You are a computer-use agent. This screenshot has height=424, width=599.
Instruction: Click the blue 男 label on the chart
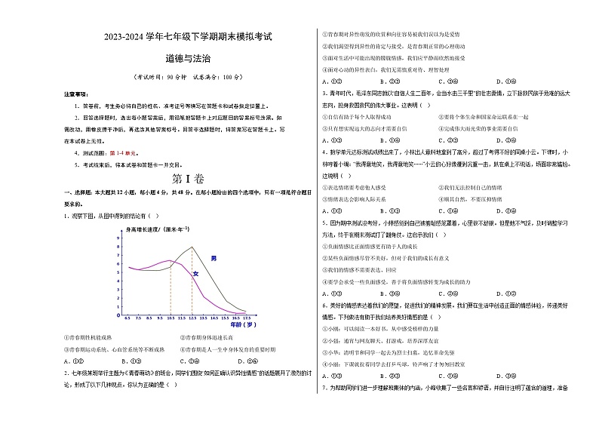tap(213, 259)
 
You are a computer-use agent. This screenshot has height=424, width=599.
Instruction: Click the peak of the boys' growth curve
tap(192, 247)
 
